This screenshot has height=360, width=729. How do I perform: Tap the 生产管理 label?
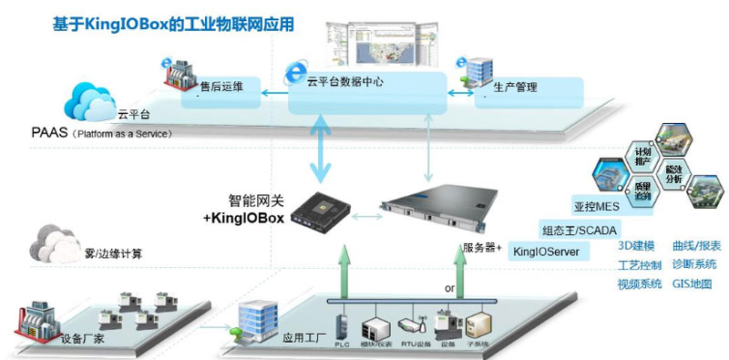point(515,88)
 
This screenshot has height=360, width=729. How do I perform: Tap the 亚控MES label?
point(596,206)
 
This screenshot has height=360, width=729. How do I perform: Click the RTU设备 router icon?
point(409,327)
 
